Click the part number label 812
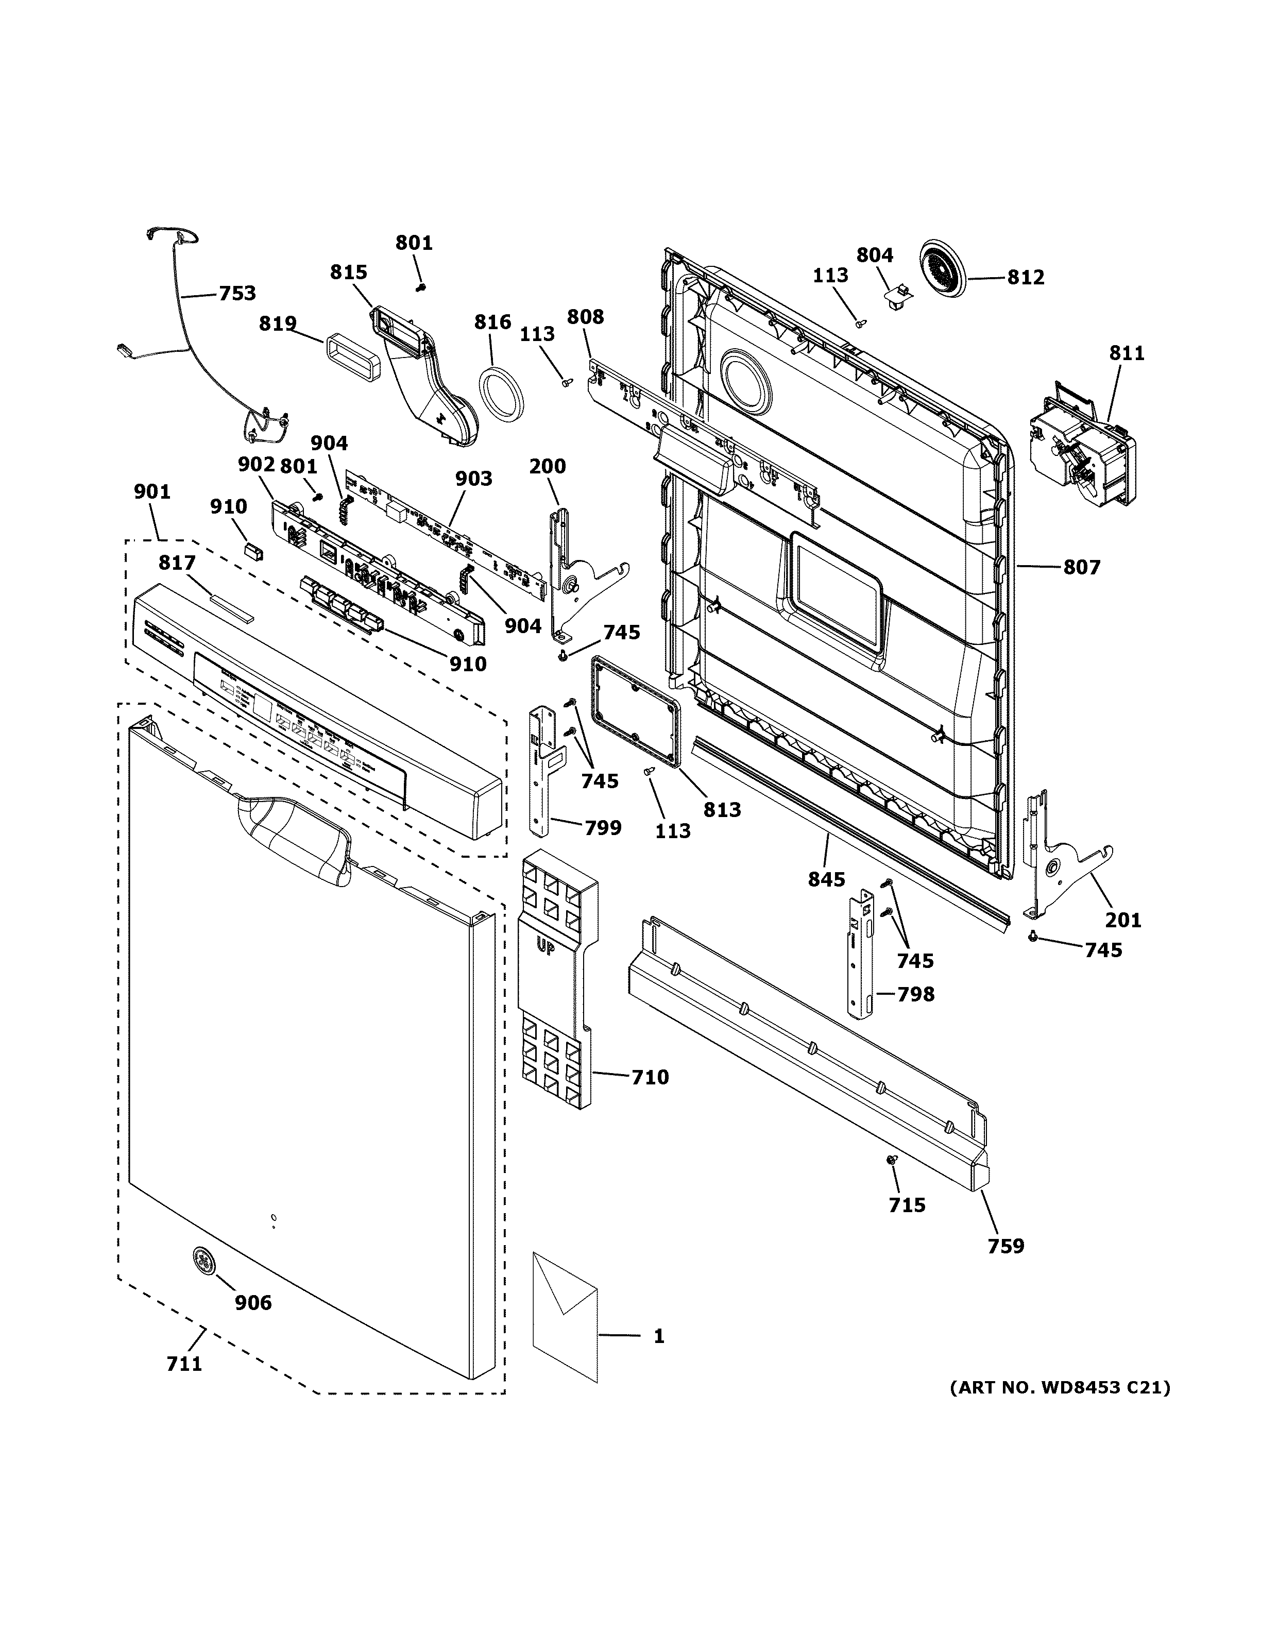1025,277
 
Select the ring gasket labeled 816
501,394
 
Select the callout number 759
1006,1246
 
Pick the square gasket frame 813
635,708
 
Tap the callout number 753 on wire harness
237,294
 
